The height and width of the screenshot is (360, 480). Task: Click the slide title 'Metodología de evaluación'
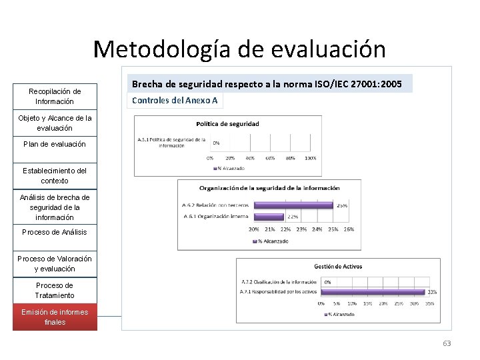(x=239, y=49)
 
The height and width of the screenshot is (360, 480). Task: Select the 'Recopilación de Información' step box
(x=55, y=97)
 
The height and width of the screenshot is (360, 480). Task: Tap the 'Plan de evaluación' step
(x=55, y=144)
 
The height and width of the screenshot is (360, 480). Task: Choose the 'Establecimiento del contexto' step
(x=55, y=176)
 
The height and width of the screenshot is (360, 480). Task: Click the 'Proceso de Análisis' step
(x=55, y=232)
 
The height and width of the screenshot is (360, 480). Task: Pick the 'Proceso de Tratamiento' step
(x=55, y=291)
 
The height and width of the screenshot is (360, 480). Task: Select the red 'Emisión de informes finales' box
(x=55, y=317)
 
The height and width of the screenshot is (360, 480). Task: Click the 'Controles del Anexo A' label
(x=175, y=101)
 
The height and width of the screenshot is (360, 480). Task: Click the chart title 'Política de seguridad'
(x=227, y=123)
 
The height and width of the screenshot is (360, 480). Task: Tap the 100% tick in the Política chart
(x=310, y=158)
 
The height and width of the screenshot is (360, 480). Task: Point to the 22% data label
(x=292, y=217)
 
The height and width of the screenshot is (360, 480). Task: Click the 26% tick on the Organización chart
(x=349, y=229)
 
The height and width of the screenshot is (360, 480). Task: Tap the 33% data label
(x=432, y=291)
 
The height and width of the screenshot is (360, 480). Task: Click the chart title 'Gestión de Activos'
(x=338, y=267)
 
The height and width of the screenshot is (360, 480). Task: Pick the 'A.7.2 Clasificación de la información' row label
(x=279, y=282)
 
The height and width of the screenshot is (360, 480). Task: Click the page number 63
(x=446, y=343)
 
